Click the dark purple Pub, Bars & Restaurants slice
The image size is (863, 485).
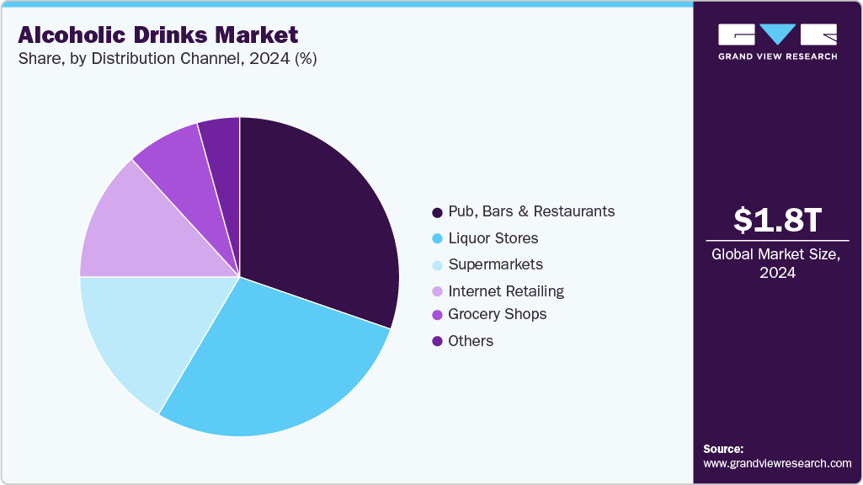pyautogui.click(x=316, y=219)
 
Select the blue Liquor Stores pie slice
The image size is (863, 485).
pyautogui.click(x=278, y=362)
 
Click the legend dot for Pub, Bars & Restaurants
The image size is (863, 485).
pyautogui.click(x=437, y=211)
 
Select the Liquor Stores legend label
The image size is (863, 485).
pyautogui.click(x=493, y=238)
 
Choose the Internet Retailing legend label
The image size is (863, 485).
pyautogui.click(x=506, y=291)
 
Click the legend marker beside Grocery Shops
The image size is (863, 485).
pyautogui.click(x=437, y=315)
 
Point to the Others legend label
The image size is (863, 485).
pyautogui.click(x=471, y=341)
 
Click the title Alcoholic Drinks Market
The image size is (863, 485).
pyautogui.click(x=157, y=35)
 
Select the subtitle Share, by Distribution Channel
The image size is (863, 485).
pyautogui.click(x=167, y=60)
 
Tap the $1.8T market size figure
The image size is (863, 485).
pyautogui.click(x=777, y=220)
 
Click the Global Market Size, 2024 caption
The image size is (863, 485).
pyautogui.click(x=777, y=263)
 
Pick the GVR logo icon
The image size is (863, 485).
pyautogui.click(x=777, y=35)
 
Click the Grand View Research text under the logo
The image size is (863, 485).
pyautogui.click(x=777, y=56)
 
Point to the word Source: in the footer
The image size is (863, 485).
pyautogui.click(x=723, y=449)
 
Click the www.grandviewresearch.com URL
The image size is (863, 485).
pyautogui.click(x=777, y=463)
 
